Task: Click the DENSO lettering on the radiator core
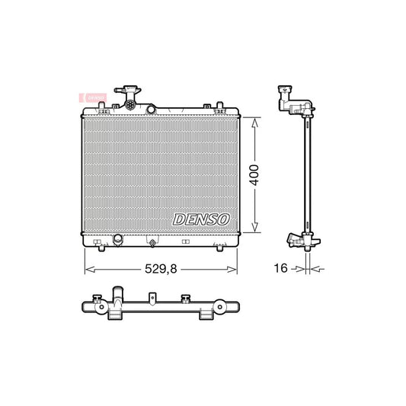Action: coord(202,219)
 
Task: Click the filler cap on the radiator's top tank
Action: coord(125,94)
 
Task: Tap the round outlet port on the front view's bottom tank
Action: coord(118,241)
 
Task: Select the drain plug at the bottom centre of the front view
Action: coord(153,244)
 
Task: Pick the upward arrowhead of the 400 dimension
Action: coord(254,120)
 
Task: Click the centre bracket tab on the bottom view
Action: coord(184,299)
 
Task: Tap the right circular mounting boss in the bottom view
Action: coord(220,308)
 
